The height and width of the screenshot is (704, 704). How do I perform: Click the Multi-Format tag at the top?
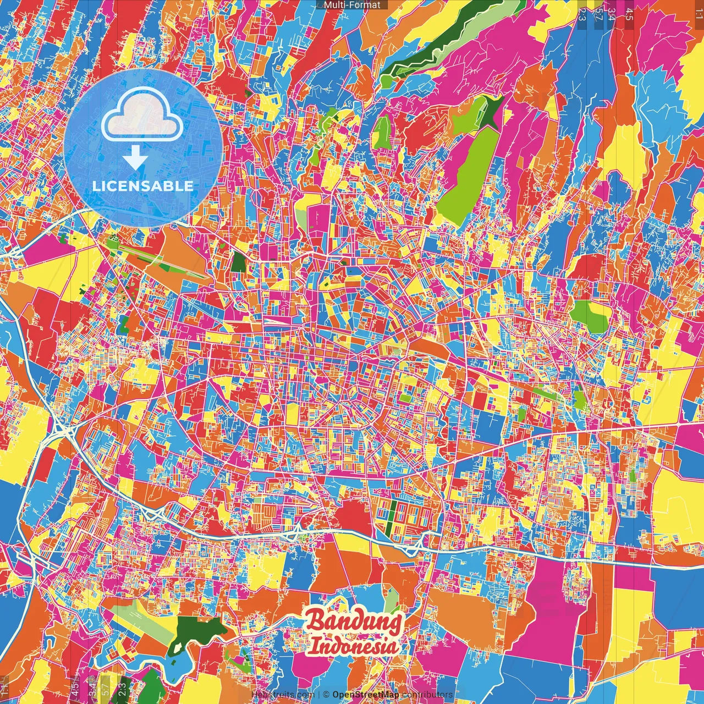[x=352, y=5]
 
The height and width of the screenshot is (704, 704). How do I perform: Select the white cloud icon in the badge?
[x=142, y=116]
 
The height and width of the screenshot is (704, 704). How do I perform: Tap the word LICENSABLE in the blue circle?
[x=142, y=186]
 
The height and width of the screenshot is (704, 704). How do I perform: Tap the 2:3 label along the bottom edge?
[x=122, y=689]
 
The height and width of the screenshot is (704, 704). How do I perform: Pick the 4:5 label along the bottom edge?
[x=75, y=689]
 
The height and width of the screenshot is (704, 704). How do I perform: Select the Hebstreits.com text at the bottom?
[x=282, y=695]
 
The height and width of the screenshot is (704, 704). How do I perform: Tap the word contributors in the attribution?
[x=427, y=695]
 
